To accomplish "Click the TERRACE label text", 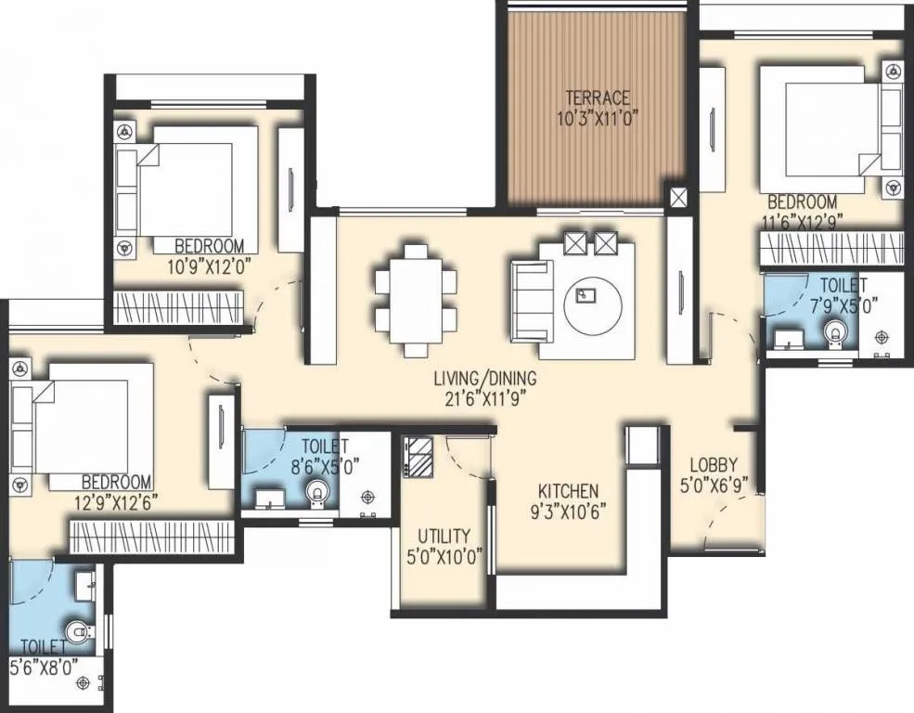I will coord(599,97).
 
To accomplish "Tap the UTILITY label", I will coord(444,537).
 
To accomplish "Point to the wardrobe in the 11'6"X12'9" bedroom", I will coord(831,248).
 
